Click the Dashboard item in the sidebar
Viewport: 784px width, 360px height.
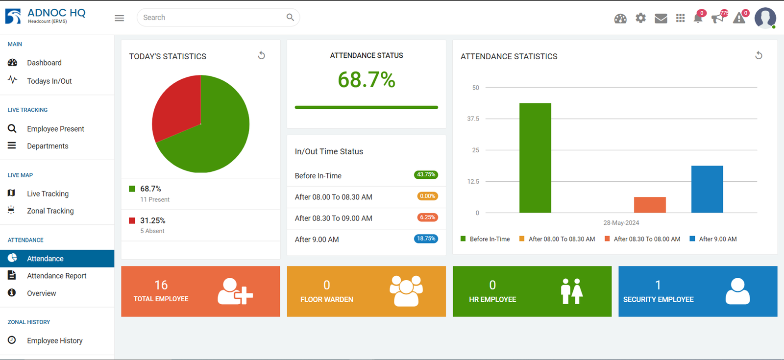pos(44,63)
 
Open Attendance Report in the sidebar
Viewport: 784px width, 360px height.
pos(56,276)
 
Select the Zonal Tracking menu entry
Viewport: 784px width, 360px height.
pos(50,211)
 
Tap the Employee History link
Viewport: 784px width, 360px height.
pos(54,341)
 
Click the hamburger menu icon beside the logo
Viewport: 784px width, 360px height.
pos(119,18)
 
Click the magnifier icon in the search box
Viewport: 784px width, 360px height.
pos(290,18)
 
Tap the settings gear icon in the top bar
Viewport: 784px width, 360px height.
pos(640,18)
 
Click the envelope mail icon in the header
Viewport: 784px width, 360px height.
pos(661,19)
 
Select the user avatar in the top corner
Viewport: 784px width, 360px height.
pos(765,18)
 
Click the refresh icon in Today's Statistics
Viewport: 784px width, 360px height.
pos(262,56)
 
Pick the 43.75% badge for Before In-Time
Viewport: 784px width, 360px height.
pos(426,175)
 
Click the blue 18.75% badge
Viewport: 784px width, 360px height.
pos(426,239)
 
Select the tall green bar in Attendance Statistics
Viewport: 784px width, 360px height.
pos(535,158)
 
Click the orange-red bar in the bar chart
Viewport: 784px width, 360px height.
pos(650,205)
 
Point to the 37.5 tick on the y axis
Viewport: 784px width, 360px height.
pos(473,119)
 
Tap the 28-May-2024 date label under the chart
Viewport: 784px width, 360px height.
pos(621,223)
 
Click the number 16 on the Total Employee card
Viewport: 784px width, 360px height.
pos(161,285)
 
